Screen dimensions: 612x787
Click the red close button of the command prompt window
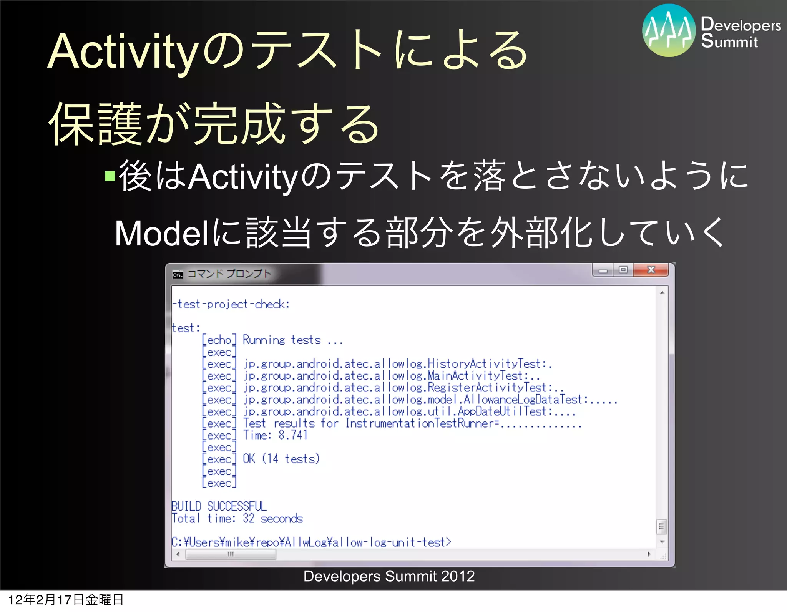coord(651,270)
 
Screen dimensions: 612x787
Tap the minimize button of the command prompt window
coord(603,270)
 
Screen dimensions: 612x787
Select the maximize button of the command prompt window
coord(623,270)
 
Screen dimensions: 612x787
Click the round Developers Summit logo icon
coord(669,30)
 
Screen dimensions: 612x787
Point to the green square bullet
coord(110,176)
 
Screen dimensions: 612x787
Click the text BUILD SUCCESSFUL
coord(219,506)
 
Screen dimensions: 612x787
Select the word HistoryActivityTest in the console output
coord(484,363)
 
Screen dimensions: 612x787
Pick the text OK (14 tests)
coord(281,459)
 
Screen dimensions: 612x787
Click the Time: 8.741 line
coord(275,435)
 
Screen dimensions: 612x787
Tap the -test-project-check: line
coord(231,304)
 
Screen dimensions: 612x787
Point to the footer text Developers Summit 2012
coord(389,576)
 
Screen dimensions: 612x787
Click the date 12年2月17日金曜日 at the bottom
coord(65,600)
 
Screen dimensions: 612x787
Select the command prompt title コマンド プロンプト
coord(229,274)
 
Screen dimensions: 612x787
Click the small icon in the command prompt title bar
coord(178,274)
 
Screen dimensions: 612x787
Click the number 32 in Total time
coord(248,518)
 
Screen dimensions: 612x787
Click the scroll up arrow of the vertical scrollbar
coord(662,293)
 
